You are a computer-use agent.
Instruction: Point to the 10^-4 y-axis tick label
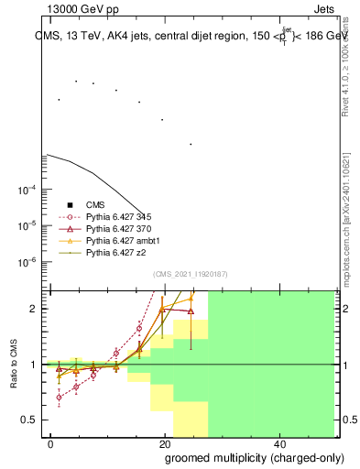(27, 191)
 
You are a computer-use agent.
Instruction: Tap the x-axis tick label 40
(278, 443)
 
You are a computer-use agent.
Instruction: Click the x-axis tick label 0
(50, 443)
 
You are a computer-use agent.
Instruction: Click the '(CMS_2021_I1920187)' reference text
(191, 274)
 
